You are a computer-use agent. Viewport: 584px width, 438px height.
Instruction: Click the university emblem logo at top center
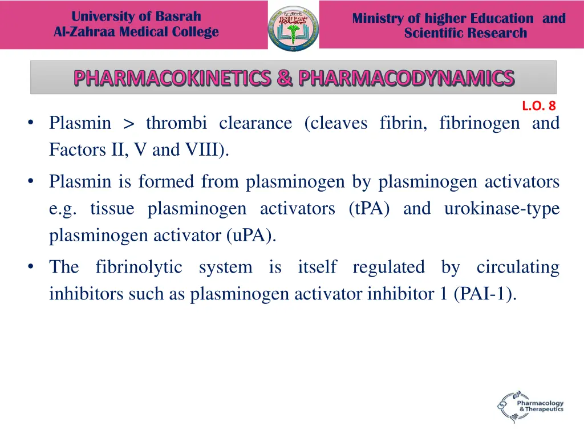point(293,27)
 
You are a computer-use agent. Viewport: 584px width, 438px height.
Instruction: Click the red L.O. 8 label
point(538,106)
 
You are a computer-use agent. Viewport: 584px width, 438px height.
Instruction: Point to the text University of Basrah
point(136,17)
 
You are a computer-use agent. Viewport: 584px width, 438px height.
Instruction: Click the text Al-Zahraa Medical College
point(136,32)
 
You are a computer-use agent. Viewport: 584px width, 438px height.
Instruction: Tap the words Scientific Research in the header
point(465,33)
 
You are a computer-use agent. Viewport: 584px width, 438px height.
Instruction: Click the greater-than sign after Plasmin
point(129,123)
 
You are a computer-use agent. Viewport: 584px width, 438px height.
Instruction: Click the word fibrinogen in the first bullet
point(479,123)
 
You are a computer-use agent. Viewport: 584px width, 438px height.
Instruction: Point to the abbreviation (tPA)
point(369,209)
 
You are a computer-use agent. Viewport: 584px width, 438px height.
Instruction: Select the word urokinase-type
point(501,209)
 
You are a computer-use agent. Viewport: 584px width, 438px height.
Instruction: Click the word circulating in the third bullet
point(518,267)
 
